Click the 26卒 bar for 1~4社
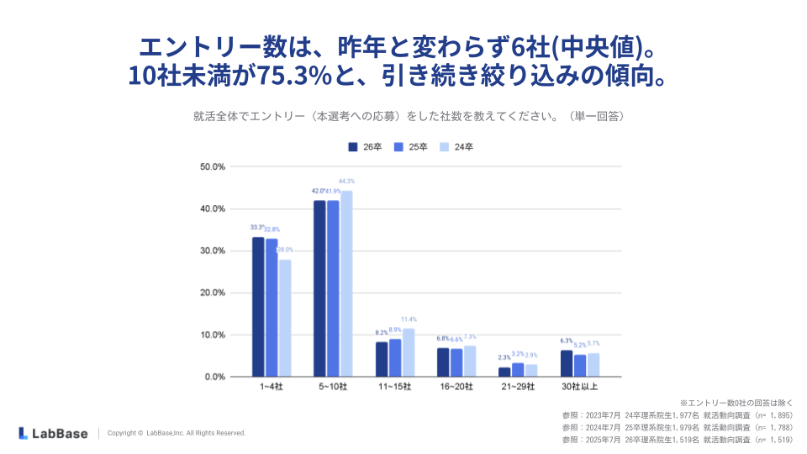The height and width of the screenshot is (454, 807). pyautogui.click(x=258, y=307)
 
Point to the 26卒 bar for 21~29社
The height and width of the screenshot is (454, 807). pyautogui.click(x=504, y=372)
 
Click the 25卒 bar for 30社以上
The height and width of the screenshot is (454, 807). pyautogui.click(x=580, y=366)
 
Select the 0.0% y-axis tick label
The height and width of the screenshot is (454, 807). pyautogui.click(x=214, y=377)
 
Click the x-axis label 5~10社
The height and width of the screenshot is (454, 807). pyautogui.click(x=334, y=388)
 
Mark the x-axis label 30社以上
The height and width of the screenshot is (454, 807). pyautogui.click(x=580, y=388)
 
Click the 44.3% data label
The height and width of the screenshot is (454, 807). pyautogui.click(x=346, y=182)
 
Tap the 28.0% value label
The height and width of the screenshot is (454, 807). pyautogui.click(x=286, y=250)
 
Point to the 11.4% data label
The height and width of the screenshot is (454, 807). pyautogui.click(x=409, y=319)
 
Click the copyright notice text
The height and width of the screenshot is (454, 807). pyautogui.click(x=177, y=433)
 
